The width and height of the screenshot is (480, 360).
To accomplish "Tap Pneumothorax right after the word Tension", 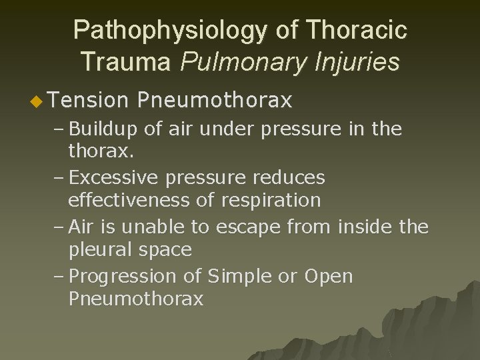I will pos(215,100).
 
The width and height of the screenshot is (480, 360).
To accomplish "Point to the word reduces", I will pos(291,177).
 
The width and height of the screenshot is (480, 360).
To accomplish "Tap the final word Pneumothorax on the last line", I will pos(136,299).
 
